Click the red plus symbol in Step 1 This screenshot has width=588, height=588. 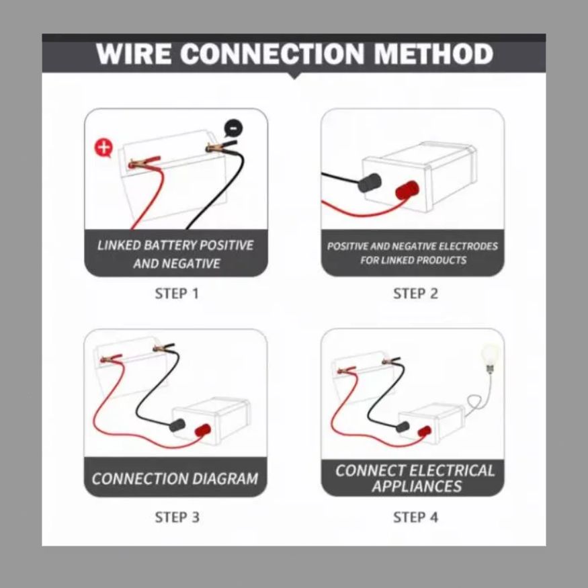tap(103, 147)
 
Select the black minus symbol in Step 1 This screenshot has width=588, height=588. tap(233, 128)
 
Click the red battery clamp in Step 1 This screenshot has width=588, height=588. tap(144, 162)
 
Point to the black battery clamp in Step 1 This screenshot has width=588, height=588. tap(221, 146)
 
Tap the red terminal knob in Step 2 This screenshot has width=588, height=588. tap(407, 190)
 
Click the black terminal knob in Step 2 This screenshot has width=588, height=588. tap(370, 183)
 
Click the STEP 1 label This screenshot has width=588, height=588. tap(177, 294)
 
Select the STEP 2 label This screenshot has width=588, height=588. tap(415, 294)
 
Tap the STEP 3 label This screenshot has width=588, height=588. tap(177, 517)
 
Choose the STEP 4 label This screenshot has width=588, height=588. tap(415, 517)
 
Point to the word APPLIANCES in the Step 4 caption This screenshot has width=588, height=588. tap(417, 487)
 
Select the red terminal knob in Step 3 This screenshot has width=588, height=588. tap(203, 430)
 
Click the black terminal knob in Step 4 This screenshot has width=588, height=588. tap(403, 427)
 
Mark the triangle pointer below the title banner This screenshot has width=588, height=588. tap(294, 75)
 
